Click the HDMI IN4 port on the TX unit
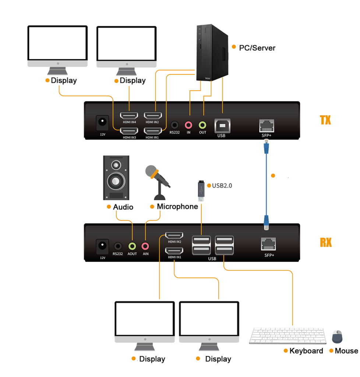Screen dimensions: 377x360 click(129, 115)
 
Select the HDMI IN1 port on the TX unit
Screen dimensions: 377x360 click(153, 131)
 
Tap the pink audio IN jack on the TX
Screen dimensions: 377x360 click(189, 125)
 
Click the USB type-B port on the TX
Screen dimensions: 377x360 click(222, 125)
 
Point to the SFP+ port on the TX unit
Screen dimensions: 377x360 click(267, 125)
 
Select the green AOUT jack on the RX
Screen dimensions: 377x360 click(132, 246)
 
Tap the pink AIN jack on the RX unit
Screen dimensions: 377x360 click(145, 246)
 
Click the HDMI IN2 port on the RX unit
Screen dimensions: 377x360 click(174, 235)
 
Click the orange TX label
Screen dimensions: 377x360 click(325, 120)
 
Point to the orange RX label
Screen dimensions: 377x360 click(326, 242)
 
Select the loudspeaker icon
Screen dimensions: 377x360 click(116, 177)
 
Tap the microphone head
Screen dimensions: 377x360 click(152, 172)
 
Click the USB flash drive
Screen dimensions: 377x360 click(201, 191)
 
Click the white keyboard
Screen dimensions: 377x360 click(287, 336)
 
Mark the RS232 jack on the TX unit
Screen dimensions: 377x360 click(174, 125)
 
